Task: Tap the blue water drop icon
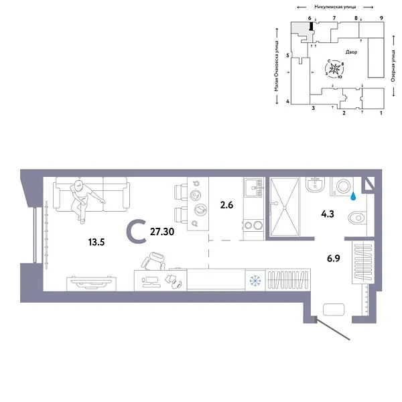pyautogui.click(x=354, y=197)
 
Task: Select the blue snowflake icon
pyautogui.click(x=255, y=279)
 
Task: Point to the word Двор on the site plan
pyautogui.click(x=352, y=52)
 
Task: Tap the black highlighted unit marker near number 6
pyautogui.click(x=311, y=26)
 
